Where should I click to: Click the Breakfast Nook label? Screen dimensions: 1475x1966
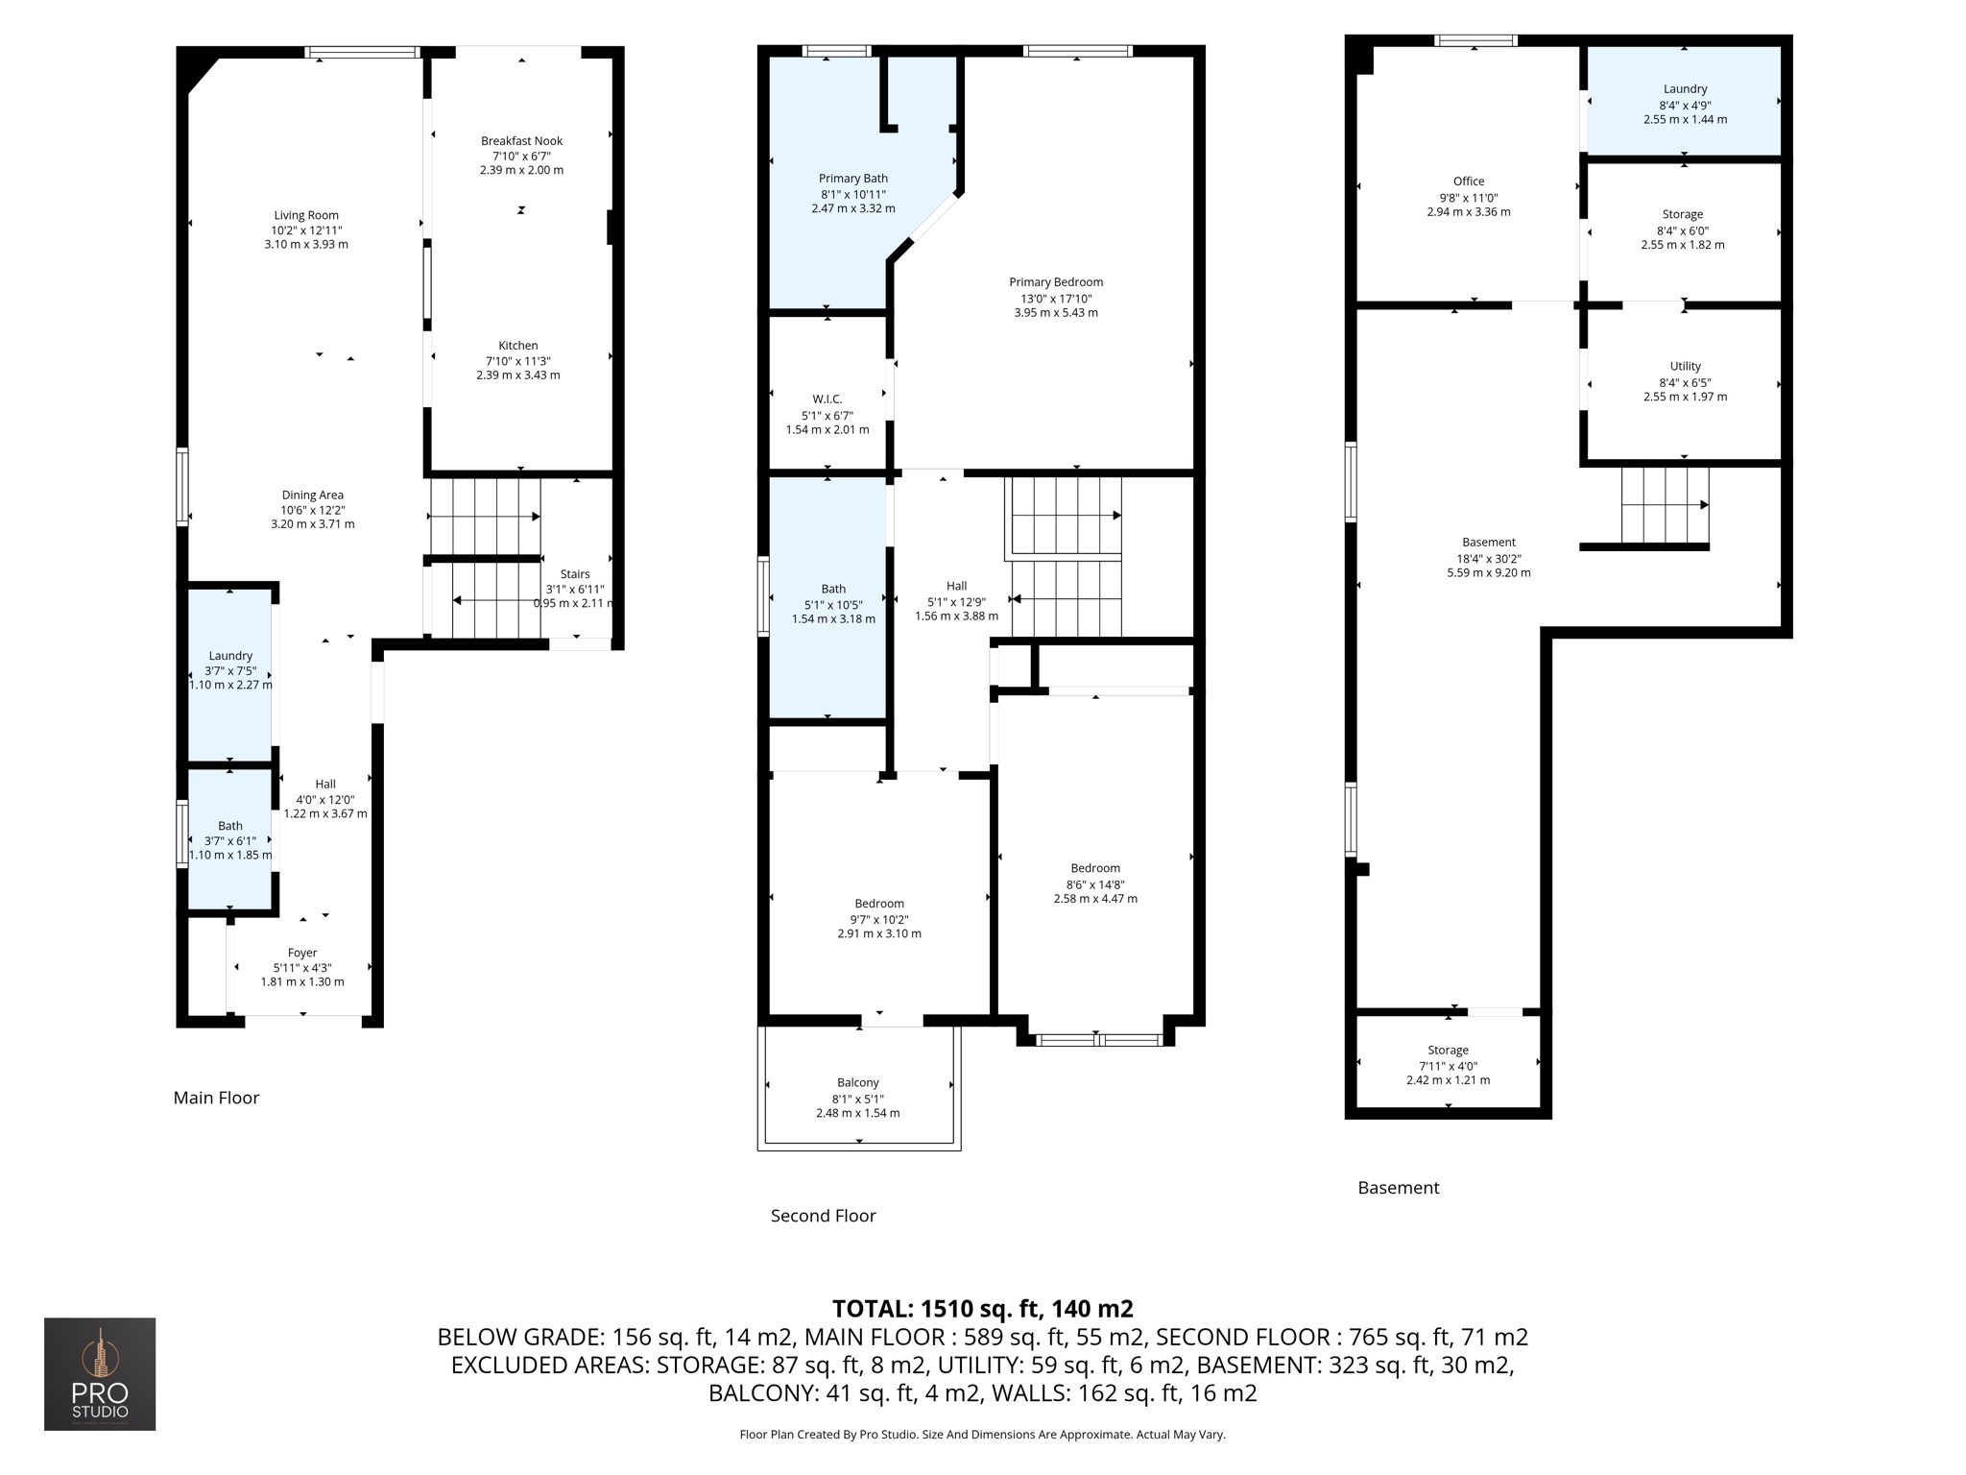(521, 141)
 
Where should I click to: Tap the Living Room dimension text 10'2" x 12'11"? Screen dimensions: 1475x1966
(306, 230)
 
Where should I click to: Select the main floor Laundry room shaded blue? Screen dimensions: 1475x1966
(230, 672)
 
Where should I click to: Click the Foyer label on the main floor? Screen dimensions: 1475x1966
(302, 953)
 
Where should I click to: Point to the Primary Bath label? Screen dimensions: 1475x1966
(852, 179)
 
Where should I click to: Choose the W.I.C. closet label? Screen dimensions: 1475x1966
(827, 399)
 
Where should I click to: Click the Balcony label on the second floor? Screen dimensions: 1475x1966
(857, 1082)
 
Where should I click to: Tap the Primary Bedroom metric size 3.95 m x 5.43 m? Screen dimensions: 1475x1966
(1055, 313)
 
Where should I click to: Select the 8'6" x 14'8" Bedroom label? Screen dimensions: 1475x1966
(1094, 868)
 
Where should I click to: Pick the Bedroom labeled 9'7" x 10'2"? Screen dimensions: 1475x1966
(878, 904)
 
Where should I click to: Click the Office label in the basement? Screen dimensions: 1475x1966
(1468, 181)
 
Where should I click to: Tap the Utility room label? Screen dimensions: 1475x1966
(1685, 367)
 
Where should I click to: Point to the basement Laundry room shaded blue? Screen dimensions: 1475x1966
(1685, 101)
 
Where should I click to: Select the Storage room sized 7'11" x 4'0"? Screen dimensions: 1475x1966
(1448, 1051)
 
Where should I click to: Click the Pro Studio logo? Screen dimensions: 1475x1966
(100, 1373)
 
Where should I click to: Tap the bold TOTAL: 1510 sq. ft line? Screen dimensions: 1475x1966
(982, 1309)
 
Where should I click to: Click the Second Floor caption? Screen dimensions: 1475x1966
(823, 1216)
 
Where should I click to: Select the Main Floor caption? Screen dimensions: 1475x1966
(216, 1098)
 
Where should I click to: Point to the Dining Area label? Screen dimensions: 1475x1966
(312, 496)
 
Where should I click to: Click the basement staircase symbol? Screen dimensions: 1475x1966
(1664, 505)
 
